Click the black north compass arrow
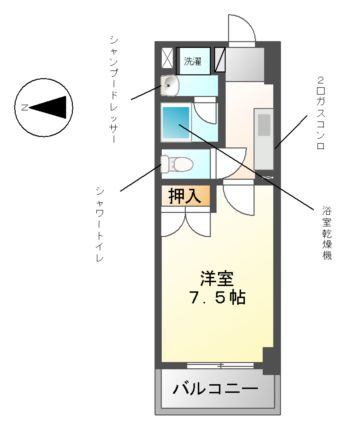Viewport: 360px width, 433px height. (51, 106)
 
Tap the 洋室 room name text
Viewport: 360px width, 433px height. (216, 278)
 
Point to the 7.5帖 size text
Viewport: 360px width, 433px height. (216, 298)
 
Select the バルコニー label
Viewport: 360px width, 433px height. (215, 388)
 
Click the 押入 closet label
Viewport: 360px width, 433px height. (185, 196)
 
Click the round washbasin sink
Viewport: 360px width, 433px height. (169, 84)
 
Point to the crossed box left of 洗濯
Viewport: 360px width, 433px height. (169, 58)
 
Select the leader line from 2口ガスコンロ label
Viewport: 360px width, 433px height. (290, 134)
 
